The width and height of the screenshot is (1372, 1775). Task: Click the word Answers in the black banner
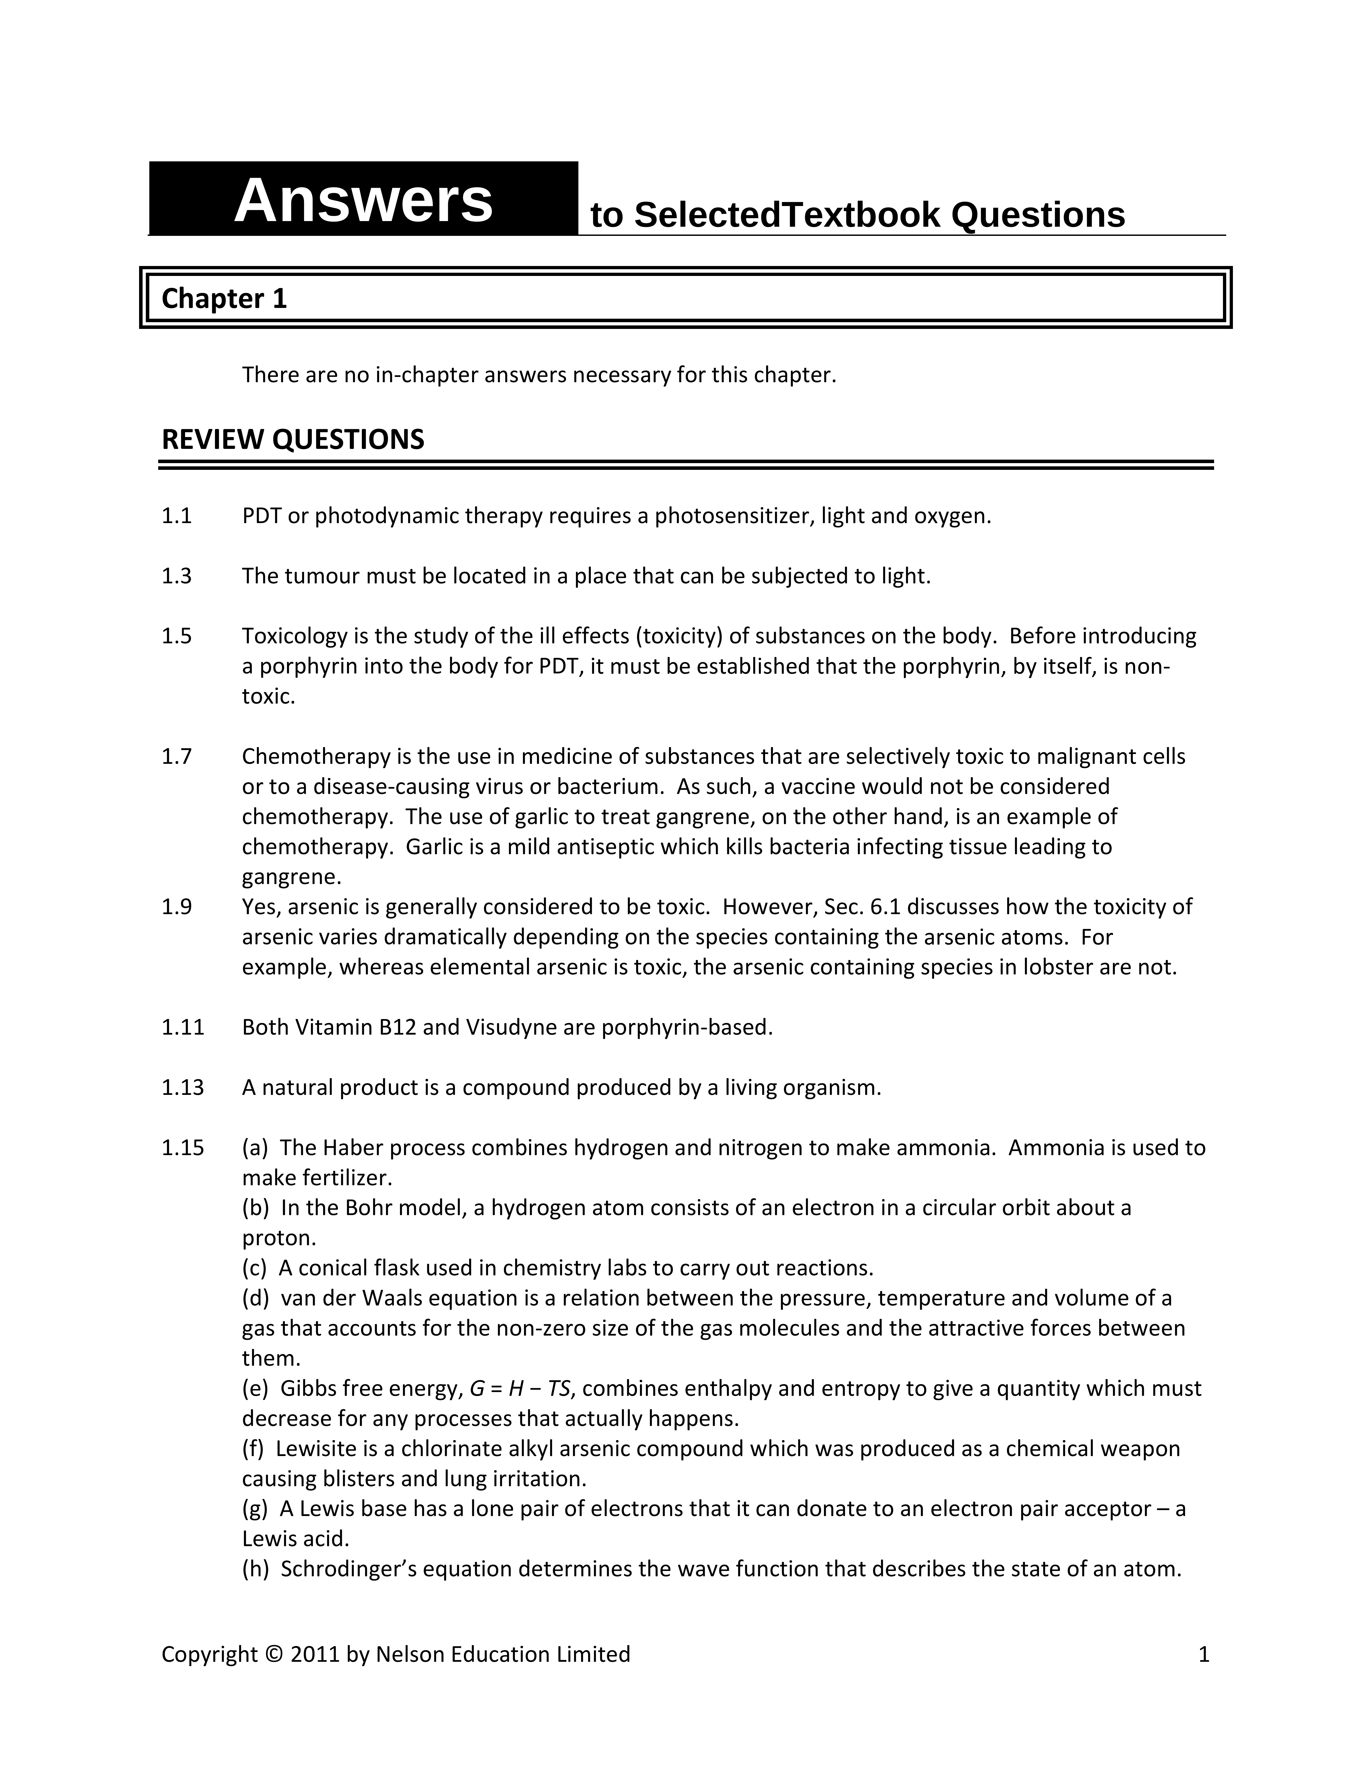coord(363,201)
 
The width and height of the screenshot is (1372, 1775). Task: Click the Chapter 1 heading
coord(224,299)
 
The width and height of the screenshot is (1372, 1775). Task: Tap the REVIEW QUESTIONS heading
coord(293,440)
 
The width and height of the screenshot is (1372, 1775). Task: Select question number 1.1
coord(176,516)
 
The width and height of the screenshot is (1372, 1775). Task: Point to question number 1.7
coord(176,757)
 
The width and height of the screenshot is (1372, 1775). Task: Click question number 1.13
coord(182,1087)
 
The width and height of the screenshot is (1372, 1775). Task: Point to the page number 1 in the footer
coord(1204,1655)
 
